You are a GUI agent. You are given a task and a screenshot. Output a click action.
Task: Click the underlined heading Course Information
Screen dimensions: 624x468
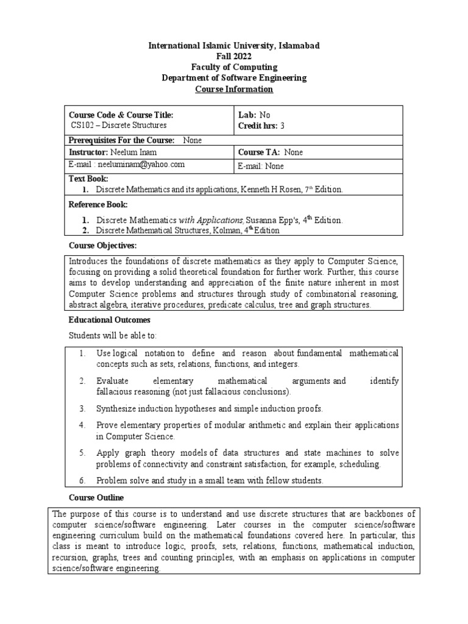point(234,90)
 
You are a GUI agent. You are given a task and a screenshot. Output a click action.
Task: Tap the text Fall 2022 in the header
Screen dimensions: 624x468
point(234,57)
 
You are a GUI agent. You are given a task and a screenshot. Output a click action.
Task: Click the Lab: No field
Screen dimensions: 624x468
point(254,115)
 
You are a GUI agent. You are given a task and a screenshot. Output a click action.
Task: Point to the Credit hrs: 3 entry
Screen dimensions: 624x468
point(261,126)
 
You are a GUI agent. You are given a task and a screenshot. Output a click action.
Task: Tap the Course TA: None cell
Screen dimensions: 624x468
point(270,152)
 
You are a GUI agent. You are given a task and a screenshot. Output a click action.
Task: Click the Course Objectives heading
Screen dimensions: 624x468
point(103,246)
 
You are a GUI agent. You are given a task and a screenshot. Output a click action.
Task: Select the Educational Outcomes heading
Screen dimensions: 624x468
point(109,320)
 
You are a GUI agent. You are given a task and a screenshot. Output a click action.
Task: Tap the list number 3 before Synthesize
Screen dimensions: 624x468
point(82,408)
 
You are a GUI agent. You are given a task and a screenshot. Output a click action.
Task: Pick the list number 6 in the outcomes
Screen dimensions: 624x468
point(82,481)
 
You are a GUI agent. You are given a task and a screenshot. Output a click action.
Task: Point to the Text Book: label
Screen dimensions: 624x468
point(89,179)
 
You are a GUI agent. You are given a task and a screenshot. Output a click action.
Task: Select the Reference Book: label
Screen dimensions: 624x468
point(98,205)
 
